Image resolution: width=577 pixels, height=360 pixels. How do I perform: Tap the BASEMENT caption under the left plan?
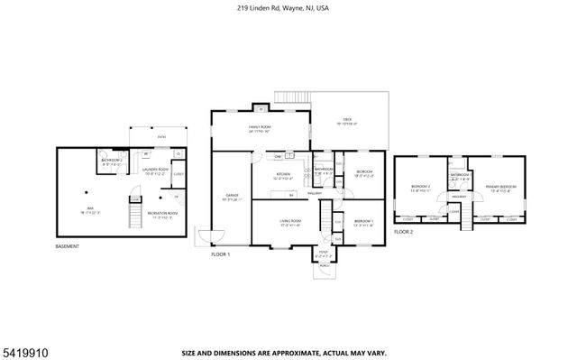click(69, 246)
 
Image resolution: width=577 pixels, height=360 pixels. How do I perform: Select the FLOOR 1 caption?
click(222, 255)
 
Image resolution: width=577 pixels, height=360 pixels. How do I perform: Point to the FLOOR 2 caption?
click(404, 232)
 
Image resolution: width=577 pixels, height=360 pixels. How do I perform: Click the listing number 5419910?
click(24, 346)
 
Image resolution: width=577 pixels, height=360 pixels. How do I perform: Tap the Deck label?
click(345, 121)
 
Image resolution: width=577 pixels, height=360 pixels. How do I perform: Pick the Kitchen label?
click(282, 175)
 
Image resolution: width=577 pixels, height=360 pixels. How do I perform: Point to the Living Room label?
click(288, 223)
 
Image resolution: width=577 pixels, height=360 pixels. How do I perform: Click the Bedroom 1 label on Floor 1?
click(363, 223)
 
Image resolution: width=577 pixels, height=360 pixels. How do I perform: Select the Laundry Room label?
click(155, 170)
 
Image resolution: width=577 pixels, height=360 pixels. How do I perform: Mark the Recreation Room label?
click(164, 215)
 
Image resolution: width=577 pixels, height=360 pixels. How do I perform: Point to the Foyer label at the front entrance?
click(323, 254)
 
